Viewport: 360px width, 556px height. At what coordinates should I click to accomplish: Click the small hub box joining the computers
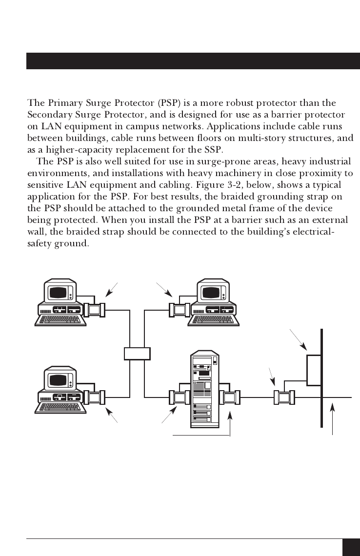coord(137,353)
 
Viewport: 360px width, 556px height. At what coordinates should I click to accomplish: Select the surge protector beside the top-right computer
coord(179,310)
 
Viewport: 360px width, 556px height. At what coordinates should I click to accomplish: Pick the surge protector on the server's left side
coord(179,397)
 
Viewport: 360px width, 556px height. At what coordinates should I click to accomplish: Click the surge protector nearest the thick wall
coord(284,397)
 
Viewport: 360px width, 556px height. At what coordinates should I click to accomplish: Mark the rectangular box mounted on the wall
coord(314,370)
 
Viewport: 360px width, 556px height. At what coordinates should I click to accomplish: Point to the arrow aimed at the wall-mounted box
coord(298,340)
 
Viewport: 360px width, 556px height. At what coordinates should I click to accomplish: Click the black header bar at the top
coord(193,61)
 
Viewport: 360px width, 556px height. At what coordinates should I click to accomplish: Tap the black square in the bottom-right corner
coord(351,547)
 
